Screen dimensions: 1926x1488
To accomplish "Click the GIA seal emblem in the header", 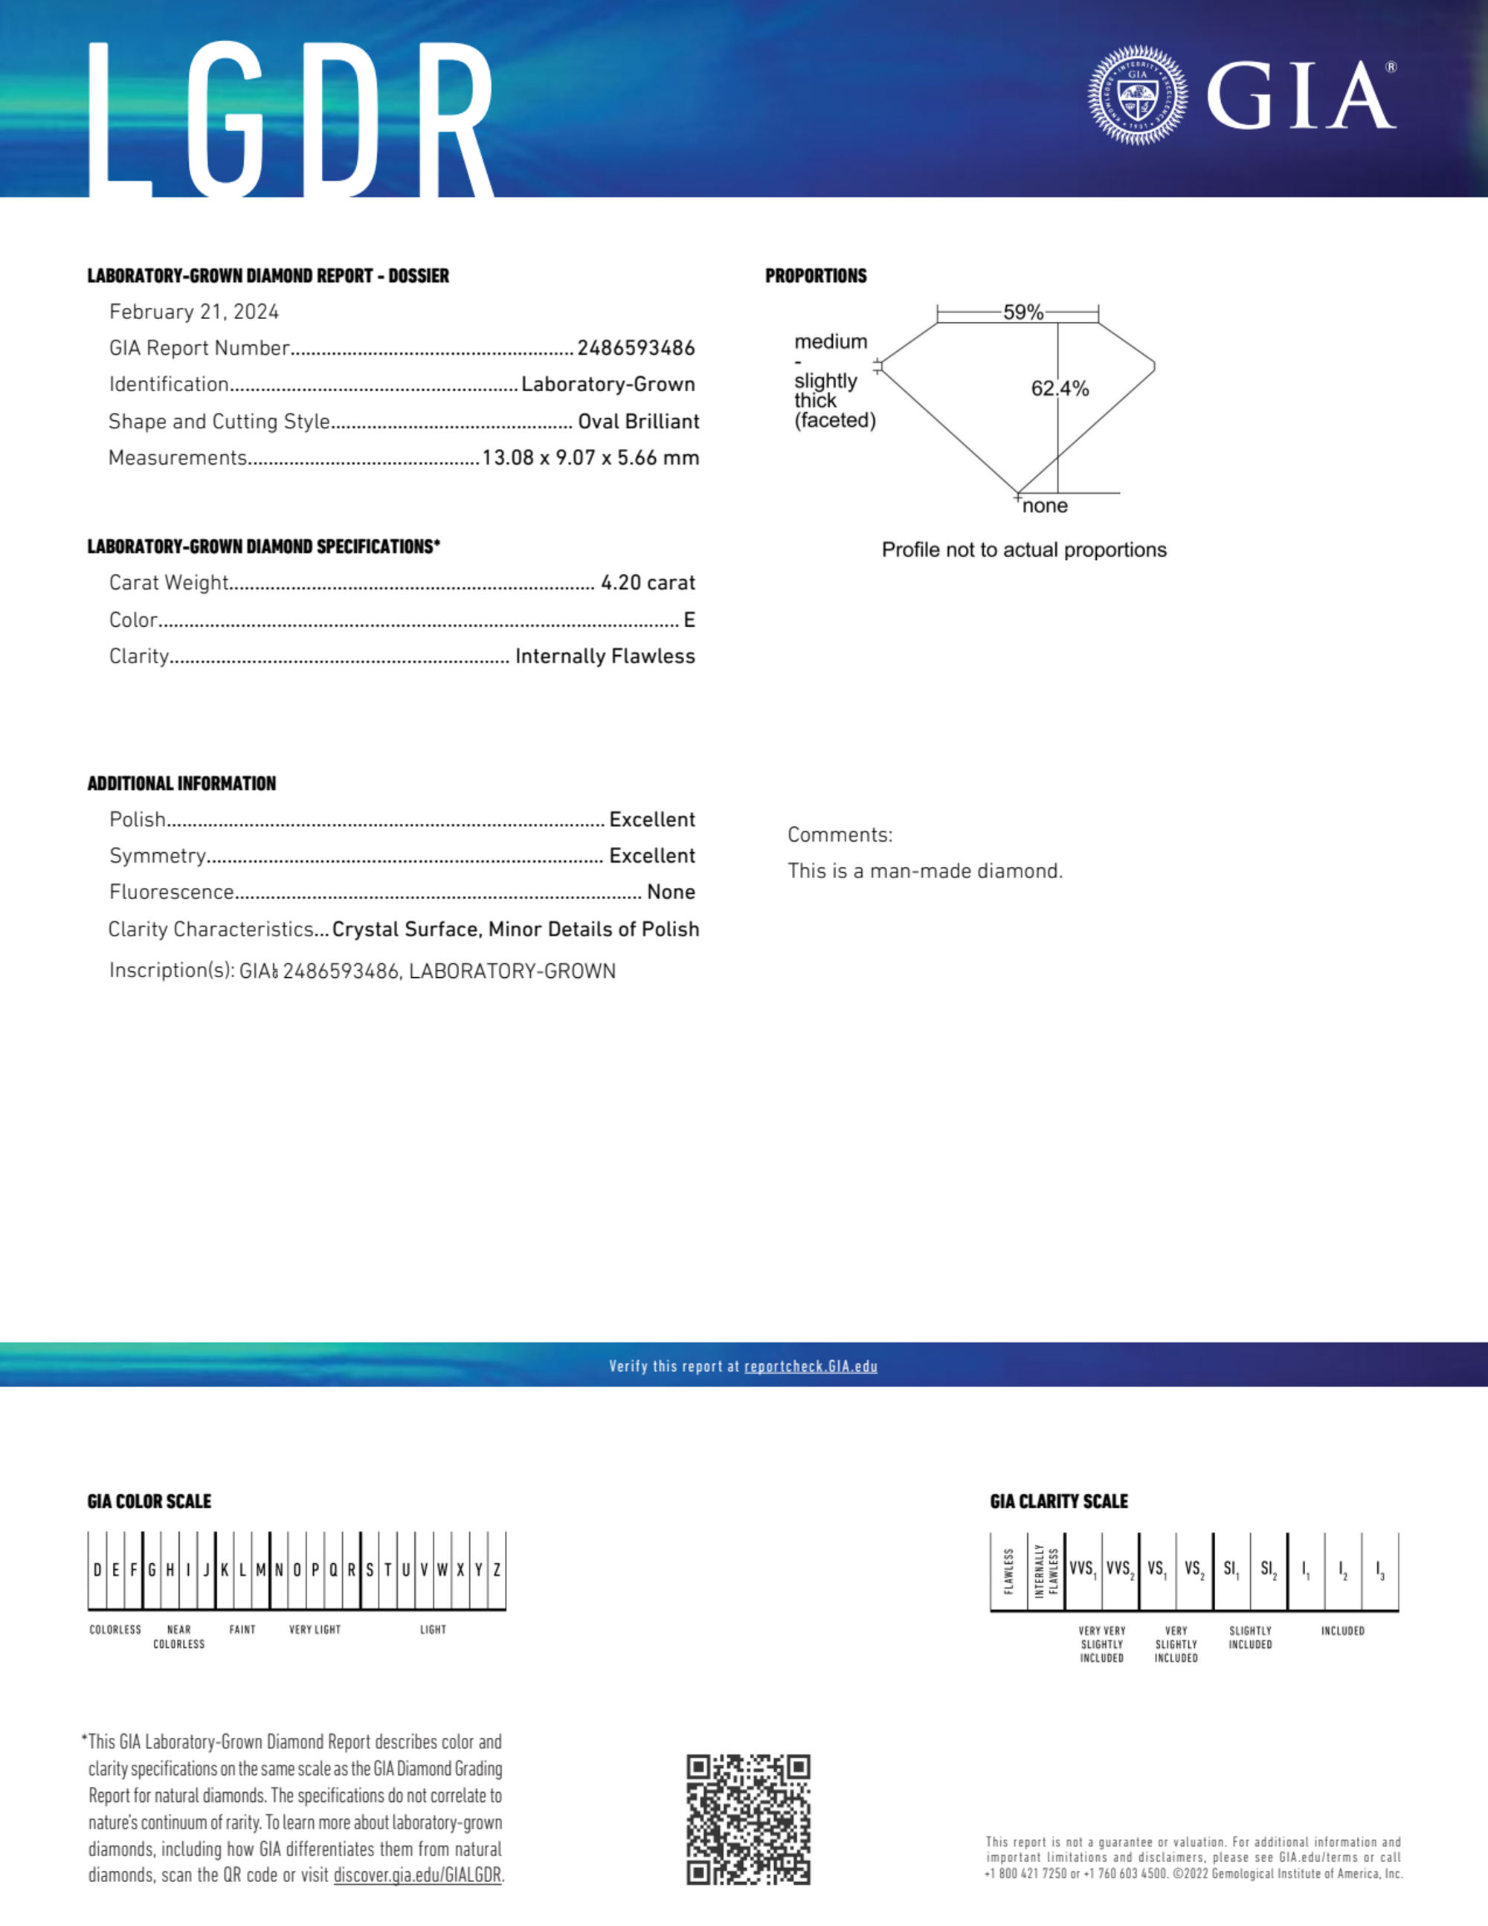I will (1137, 95).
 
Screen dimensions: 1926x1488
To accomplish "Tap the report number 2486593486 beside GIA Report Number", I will (636, 348).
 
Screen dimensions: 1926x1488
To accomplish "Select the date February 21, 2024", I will (194, 312).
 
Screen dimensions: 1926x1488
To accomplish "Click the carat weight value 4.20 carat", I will (648, 583).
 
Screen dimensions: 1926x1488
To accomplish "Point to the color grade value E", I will (689, 620).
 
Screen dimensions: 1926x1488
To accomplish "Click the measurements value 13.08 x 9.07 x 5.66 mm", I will (590, 457).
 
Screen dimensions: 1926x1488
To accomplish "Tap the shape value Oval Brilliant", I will (638, 422).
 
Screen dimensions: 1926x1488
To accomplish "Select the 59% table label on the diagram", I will (1022, 312).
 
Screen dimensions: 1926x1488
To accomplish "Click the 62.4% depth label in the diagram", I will (1060, 388).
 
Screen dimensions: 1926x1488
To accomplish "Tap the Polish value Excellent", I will (652, 819).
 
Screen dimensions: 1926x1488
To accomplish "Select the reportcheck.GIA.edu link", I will (811, 1366).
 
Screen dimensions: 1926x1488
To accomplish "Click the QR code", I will (748, 1818).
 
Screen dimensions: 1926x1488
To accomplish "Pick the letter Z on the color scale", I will (497, 1571).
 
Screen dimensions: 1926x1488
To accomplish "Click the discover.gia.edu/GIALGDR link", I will (417, 1875).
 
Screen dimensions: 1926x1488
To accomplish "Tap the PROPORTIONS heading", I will (816, 276).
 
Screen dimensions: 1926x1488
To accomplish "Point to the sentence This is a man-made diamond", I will (924, 872).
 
